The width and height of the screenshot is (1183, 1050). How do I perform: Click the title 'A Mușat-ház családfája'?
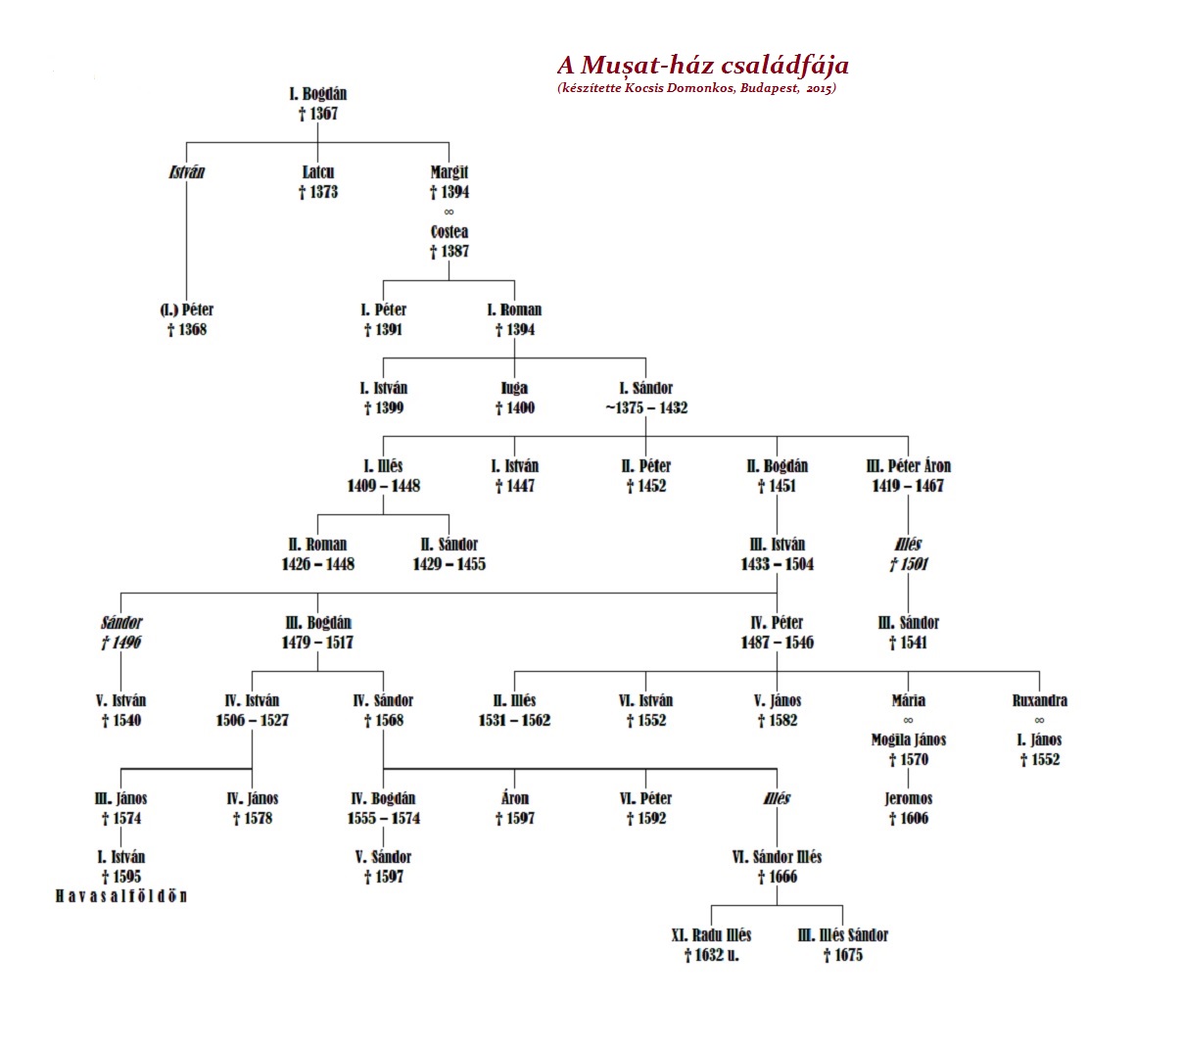(x=702, y=65)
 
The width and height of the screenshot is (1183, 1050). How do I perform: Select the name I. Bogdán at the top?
(x=317, y=93)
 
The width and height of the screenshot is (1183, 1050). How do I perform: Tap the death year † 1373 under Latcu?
(x=317, y=192)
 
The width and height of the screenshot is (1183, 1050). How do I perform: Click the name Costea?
(x=450, y=231)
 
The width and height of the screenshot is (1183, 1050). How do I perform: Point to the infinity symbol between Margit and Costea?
(x=449, y=212)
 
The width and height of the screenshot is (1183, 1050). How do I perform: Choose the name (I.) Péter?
(x=187, y=310)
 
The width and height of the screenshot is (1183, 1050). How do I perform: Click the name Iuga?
(x=514, y=388)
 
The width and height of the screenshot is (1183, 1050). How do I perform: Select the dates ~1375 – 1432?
(x=645, y=407)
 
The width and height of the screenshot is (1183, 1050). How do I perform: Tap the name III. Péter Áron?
(x=908, y=466)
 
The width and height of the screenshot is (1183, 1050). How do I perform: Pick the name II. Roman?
(x=317, y=545)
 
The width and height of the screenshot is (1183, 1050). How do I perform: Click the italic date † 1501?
(x=908, y=564)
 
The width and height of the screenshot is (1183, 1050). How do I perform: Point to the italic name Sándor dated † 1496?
(x=120, y=623)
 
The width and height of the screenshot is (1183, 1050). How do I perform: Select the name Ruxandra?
(x=1039, y=700)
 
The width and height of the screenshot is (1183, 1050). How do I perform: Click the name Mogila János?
(x=908, y=740)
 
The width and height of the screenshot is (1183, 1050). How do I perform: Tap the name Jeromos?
(x=908, y=798)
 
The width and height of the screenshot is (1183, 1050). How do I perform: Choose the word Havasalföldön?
(x=120, y=896)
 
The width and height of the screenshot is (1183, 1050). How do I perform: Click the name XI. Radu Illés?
(x=711, y=935)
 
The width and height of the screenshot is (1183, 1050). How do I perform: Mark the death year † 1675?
(x=842, y=955)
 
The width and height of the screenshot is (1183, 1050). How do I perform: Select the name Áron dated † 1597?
(x=514, y=798)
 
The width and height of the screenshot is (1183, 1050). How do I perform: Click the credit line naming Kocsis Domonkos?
(x=696, y=89)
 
